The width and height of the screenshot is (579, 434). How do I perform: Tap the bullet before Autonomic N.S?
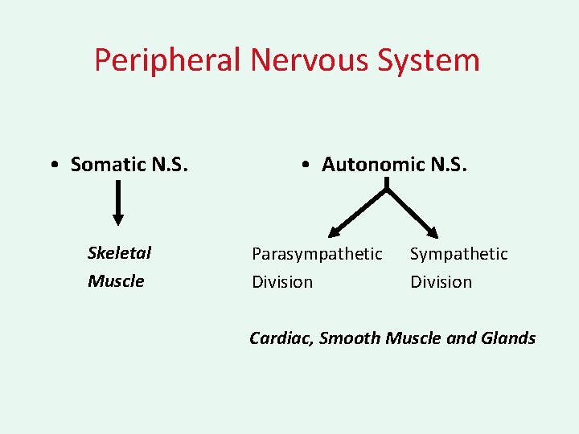pyautogui.click(x=308, y=166)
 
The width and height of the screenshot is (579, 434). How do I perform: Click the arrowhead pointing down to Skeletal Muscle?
pyautogui.click(x=118, y=219)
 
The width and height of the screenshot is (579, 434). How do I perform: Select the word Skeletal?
pyautogui.click(x=119, y=253)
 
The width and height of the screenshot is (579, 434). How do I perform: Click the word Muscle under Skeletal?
pyautogui.click(x=116, y=281)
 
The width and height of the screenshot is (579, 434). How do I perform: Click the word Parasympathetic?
pyautogui.click(x=317, y=254)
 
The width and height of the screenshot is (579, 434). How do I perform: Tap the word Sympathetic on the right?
pyautogui.click(x=459, y=254)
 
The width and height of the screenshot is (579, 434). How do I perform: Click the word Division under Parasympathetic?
pyautogui.click(x=282, y=282)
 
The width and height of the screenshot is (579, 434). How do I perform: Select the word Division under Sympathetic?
pyautogui.click(x=441, y=282)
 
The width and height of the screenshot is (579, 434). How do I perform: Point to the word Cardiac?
pyautogui.click(x=281, y=338)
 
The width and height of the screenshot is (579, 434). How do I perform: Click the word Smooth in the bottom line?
pyautogui.click(x=350, y=338)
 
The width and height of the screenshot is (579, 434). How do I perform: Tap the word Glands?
pyautogui.click(x=508, y=338)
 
